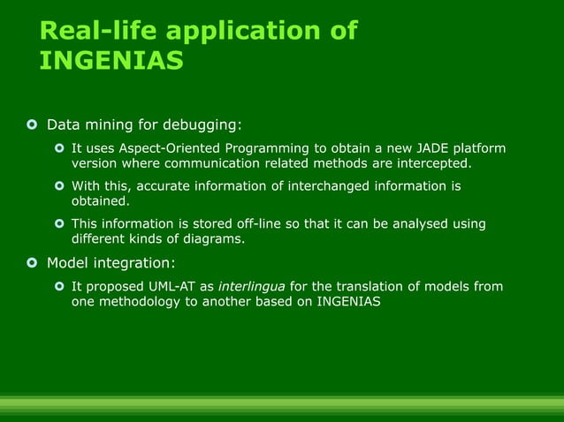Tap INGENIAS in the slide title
[111, 61]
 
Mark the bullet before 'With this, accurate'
[59, 186]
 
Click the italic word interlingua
[251, 286]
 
